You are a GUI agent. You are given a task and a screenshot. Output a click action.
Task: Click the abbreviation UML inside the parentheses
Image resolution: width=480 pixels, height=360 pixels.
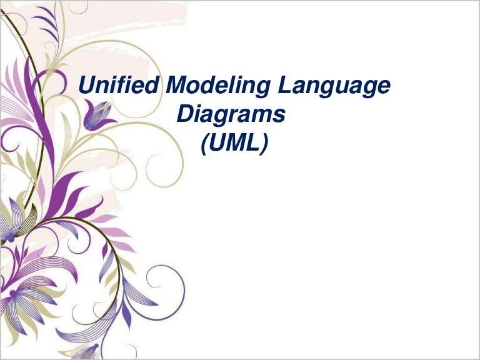click(234, 144)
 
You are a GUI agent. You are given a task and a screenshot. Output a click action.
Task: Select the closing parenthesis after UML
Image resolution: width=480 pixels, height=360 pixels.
click(265, 144)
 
